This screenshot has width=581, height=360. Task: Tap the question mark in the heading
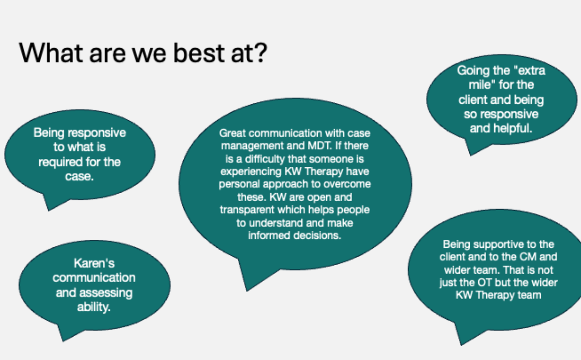coord(261,53)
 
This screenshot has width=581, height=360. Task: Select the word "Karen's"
coord(94,263)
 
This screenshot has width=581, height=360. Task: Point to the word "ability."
coord(94,307)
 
